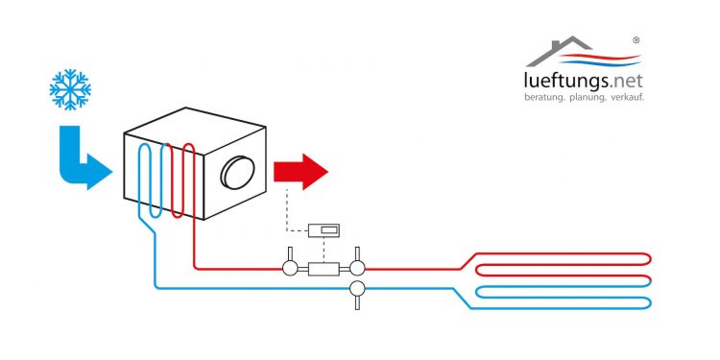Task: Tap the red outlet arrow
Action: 300,172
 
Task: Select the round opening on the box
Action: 237,173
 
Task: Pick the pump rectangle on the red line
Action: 323,269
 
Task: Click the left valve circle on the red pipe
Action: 289,269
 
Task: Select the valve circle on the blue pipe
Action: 357,287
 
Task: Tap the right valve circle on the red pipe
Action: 357,269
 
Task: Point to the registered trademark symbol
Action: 637,40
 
